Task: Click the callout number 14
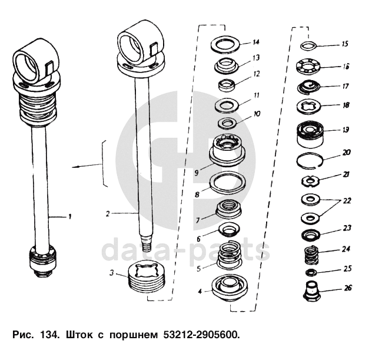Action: click(256, 42)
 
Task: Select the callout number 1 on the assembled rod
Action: click(69, 216)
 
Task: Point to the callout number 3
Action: click(111, 273)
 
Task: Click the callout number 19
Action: click(346, 130)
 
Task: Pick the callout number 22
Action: click(347, 201)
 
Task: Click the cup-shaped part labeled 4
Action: click(228, 288)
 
